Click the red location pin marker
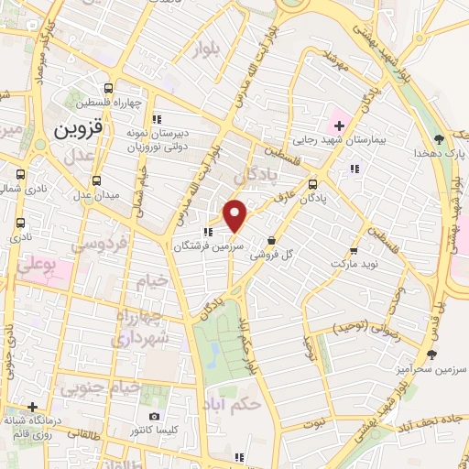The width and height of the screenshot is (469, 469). pyautogui.click(x=235, y=215)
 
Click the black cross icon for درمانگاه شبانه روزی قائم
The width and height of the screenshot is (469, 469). pyautogui.click(x=32, y=406)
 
